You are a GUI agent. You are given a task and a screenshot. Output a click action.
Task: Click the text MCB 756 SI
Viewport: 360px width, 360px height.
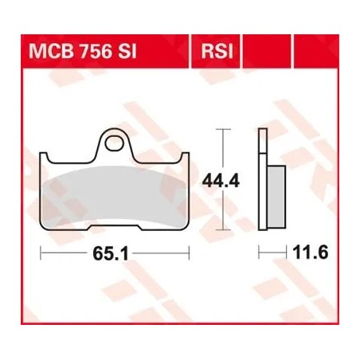(x=83, y=51)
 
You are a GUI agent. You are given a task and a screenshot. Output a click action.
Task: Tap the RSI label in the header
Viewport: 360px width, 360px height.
(x=217, y=51)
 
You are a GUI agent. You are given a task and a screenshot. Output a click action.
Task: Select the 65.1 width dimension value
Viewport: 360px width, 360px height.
(x=111, y=253)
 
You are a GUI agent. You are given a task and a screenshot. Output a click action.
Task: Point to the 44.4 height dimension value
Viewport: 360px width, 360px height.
(x=221, y=181)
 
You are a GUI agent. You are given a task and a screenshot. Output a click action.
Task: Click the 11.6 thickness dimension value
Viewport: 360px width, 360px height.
(x=311, y=252)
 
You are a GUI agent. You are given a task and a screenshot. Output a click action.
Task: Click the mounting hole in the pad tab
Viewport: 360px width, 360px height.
(x=115, y=143)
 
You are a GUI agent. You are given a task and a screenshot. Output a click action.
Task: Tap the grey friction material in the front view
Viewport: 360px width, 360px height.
(x=114, y=197)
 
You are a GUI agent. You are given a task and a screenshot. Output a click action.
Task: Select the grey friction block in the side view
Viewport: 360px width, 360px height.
(x=276, y=197)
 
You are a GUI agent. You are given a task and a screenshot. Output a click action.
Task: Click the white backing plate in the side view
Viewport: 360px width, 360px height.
(x=263, y=179)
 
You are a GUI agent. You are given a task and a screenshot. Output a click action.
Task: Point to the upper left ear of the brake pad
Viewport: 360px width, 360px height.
(x=44, y=157)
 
